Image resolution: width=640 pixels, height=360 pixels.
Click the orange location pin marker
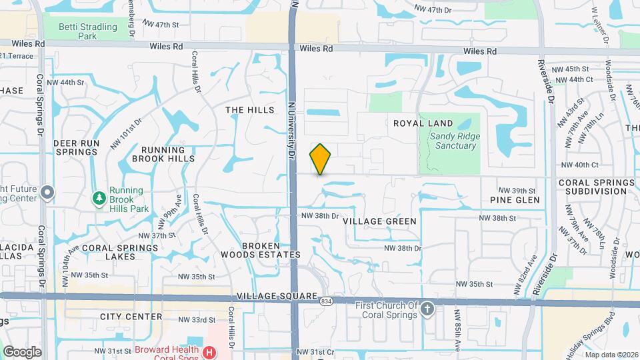pyautogui.click(x=321, y=159)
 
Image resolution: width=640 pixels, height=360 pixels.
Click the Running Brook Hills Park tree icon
pyautogui.click(x=99, y=197)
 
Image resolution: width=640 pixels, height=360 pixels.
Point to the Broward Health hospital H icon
pyautogui.click(x=209, y=351)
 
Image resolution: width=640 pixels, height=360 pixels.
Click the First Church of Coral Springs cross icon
pyautogui.click(x=427, y=309)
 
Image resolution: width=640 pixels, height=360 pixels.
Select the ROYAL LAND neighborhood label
pyautogui.click(x=423, y=123)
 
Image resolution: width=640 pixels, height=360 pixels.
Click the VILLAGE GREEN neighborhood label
pyautogui.click(x=379, y=221)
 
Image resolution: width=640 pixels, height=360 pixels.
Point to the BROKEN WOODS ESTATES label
pyautogui.click(x=271, y=250)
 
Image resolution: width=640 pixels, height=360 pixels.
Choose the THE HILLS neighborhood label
pyautogui.click(x=250, y=110)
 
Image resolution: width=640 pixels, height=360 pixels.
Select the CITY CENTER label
pyautogui.click(x=131, y=317)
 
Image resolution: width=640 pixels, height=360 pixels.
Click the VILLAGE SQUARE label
pyautogui.click(x=276, y=295)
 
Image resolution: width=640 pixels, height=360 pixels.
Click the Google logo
pyautogui.click(x=22, y=352)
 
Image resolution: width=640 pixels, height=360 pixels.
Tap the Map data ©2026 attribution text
pyautogui.click(x=611, y=355)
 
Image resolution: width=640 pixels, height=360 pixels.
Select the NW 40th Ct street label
pyautogui.click(x=580, y=165)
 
